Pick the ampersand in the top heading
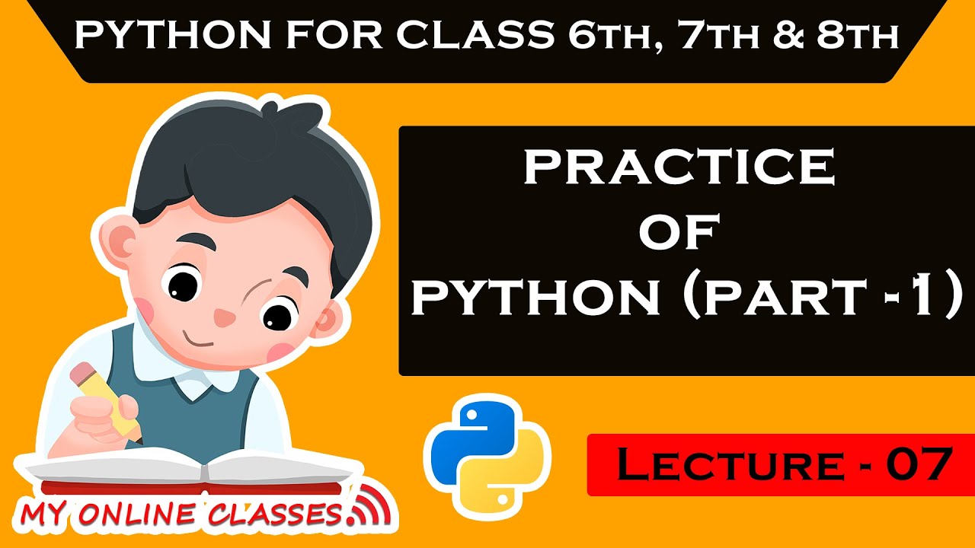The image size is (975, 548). [x=785, y=36]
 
